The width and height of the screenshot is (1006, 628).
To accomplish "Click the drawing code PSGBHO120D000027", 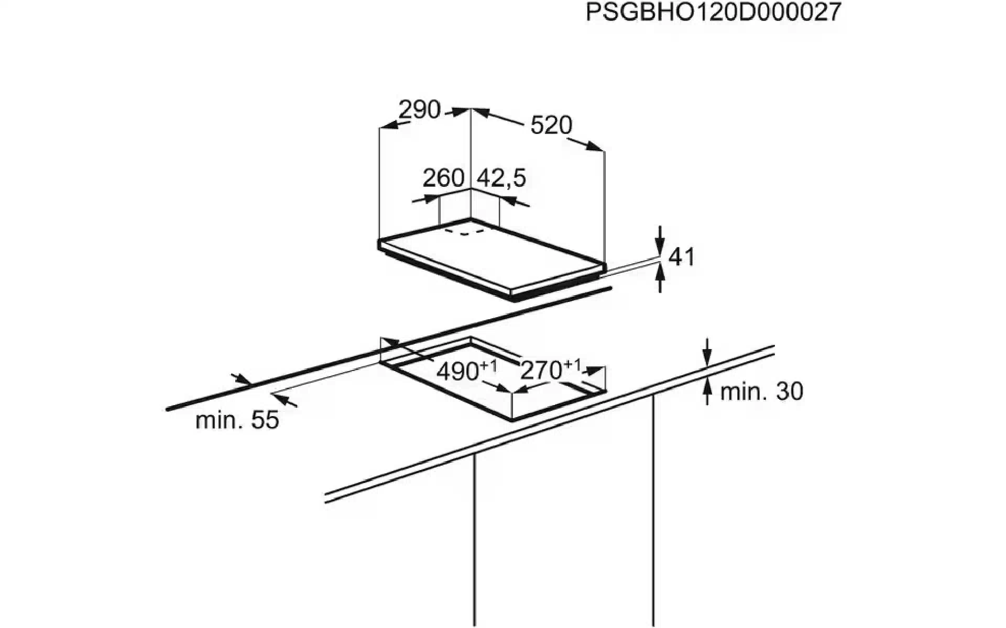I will (x=713, y=12).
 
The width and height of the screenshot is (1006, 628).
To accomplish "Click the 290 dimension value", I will (x=419, y=110).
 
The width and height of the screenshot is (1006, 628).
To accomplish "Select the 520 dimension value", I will (x=551, y=126).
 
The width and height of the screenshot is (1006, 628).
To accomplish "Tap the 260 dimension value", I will (x=443, y=178).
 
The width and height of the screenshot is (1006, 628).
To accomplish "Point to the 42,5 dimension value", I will (x=500, y=178).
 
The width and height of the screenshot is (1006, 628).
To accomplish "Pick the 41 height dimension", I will (x=682, y=257).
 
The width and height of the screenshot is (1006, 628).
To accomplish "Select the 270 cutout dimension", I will (x=541, y=371).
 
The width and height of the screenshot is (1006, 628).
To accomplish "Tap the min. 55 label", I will (x=237, y=420).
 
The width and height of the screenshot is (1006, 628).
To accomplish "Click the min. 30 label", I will (x=761, y=391).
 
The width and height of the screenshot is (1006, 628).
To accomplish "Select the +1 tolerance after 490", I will (x=488, y=365).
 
